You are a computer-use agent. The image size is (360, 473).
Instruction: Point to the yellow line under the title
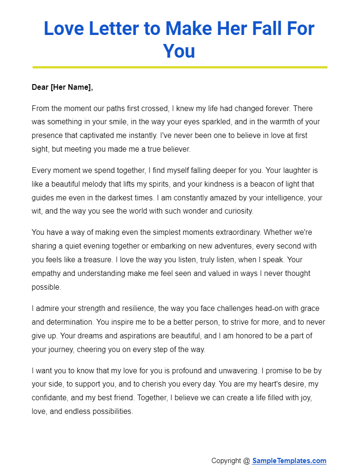click(x=180, y=67)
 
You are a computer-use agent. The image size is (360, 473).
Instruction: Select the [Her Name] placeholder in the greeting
click(x=71, y=87)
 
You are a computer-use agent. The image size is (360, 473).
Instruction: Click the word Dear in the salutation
click(x=40, y=87)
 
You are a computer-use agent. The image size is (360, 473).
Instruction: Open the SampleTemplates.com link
click(x=289, y=461)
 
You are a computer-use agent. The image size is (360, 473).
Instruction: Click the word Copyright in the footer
click(x=226, y=461)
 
